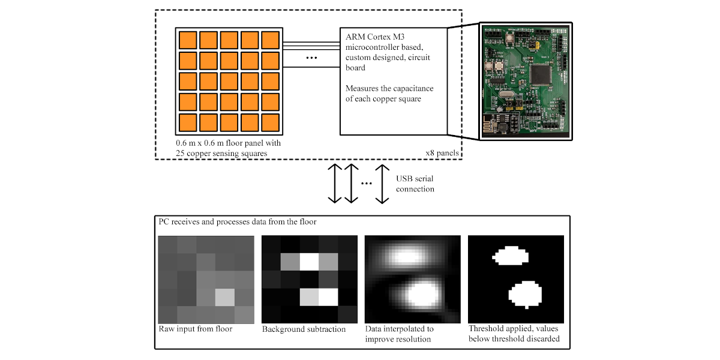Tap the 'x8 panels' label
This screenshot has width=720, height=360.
[442, 153]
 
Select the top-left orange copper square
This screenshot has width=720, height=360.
[188, 40]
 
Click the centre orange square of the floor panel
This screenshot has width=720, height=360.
[229, 81]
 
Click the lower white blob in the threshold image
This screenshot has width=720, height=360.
[526, 294]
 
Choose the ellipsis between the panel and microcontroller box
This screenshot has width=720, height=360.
[311, 58]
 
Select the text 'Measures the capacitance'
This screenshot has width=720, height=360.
[389, 88]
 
